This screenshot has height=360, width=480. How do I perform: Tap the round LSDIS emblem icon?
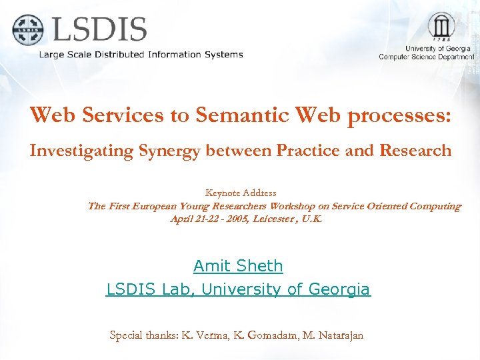(x=27, y=29)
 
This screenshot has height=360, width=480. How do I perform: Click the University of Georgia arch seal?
(x=441, y=27)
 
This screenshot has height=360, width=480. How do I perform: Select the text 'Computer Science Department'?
(x=427, y=57)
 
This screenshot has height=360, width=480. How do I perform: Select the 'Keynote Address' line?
(x=241, y=193)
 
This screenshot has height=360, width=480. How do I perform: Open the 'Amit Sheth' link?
(x=238, y=266)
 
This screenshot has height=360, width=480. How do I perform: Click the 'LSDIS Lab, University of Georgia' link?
(x=238, y=289)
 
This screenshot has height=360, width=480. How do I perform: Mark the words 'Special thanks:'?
(x=142, y=335)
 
